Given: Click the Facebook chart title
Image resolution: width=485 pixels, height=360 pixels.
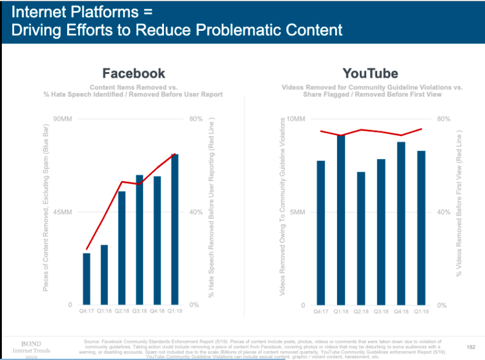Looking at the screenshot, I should point(134,73).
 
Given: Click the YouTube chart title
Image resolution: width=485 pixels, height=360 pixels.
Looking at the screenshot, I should point(370,73).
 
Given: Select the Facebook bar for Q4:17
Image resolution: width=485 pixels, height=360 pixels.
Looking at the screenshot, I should point(86,279).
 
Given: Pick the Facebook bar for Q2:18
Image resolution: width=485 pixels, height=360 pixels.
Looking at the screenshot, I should point(121,248).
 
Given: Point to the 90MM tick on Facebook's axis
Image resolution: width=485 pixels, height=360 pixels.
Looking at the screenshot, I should point(63,119).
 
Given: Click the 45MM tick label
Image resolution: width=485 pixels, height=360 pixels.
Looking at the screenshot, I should point(63,212).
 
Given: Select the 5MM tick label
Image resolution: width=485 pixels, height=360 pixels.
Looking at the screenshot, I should point(298,212).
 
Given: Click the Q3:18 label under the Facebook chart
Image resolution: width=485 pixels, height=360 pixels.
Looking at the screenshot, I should point(139,312).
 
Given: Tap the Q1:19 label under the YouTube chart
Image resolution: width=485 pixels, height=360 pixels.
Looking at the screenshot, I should point(421,312).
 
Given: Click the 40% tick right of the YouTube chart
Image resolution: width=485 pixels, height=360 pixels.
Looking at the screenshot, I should point(444,212).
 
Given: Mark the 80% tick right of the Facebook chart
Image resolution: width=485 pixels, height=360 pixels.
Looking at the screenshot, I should point(196,119).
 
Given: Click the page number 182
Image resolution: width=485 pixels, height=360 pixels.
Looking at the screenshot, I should point(471,348).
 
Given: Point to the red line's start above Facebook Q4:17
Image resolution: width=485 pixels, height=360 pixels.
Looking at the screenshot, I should point(86,249).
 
